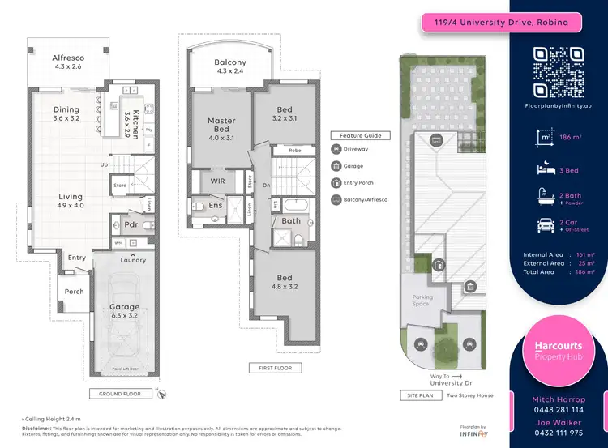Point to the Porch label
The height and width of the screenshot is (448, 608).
point(74,292)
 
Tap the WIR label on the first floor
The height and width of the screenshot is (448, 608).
point(217,181)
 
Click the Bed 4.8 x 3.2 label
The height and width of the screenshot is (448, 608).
point(284,283)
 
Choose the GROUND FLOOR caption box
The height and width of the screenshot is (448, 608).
point(121,394)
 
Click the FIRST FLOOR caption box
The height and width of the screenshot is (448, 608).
point(275,368)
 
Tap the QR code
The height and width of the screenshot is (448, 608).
point(558,72)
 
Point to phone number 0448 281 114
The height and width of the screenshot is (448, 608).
point(558,411)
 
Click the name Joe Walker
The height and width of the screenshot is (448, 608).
point(558,422)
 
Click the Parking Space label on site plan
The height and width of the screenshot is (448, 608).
point(422,301)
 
